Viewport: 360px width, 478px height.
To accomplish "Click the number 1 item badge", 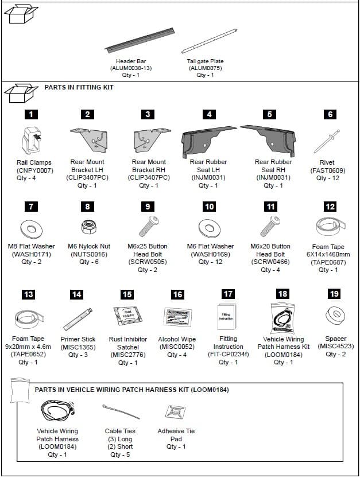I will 33,114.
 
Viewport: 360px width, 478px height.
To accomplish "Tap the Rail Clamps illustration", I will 33,140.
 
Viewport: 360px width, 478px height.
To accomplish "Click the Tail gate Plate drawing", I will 208,41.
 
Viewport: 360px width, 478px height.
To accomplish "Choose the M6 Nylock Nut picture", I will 88,227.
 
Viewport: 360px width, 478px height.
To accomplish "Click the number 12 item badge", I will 330,207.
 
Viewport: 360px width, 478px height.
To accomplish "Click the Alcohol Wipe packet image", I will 177,316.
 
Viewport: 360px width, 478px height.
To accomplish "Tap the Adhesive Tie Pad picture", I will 175,411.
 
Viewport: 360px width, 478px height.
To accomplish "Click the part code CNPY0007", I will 34,170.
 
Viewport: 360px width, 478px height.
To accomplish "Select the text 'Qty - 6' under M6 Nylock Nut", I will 88,262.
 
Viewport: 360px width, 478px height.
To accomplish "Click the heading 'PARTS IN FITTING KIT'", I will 79,87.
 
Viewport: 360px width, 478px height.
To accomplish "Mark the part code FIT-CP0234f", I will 228,354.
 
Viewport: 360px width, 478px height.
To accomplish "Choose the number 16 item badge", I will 177,294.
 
